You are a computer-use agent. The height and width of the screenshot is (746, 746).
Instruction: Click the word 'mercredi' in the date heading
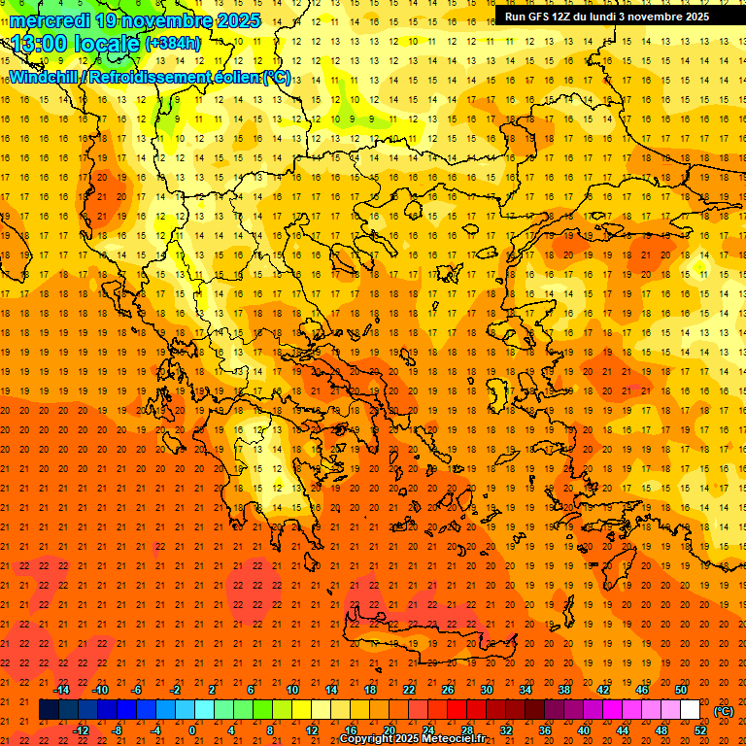49,19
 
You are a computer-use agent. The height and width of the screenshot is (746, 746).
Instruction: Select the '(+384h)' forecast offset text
173,43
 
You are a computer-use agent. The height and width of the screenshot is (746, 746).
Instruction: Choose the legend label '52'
700,730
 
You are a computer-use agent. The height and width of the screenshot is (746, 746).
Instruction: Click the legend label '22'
409,690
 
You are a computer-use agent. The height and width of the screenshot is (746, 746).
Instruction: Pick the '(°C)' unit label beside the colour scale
724,711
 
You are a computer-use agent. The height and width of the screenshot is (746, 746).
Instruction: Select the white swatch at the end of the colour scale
691,710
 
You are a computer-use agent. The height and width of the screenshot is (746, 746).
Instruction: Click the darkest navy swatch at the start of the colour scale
49,710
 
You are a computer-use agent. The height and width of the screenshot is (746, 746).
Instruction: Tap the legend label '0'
192,730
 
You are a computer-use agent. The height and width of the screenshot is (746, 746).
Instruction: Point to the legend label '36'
545,730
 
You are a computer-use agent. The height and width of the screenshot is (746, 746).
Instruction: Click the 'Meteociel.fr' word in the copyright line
454,739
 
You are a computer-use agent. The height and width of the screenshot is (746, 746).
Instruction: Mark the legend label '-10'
100,690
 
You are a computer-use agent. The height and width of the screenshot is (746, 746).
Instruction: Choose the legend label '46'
642,690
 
